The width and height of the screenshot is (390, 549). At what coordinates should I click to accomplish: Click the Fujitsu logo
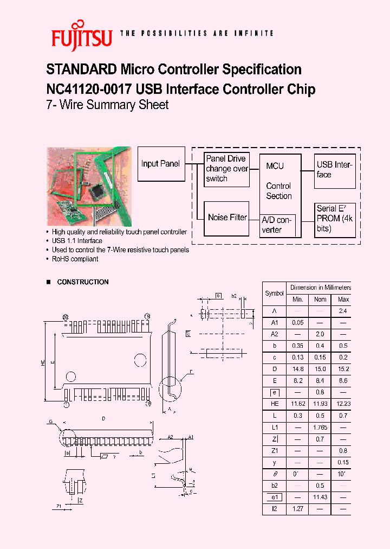coord(81,36)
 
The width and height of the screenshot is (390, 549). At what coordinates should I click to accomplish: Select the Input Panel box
coord(160,164)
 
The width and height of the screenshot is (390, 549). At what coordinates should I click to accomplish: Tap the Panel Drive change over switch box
coord(227,169)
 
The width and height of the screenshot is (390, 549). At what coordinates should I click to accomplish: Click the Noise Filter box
coord(227,218)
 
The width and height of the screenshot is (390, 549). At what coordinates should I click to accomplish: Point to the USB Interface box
coord(335,170)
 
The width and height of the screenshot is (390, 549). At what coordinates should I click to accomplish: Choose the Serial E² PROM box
coord(335,219)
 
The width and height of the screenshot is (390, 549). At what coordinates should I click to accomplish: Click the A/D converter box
coord(278,225)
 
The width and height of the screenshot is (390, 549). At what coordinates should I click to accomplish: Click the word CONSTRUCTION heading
coord(83,282)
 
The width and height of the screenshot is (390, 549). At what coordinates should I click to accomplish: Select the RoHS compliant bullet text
coord(75,259)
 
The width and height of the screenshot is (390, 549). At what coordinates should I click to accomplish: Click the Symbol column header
coord(274,293)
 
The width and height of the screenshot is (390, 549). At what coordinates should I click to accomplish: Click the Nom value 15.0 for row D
coord(321,369)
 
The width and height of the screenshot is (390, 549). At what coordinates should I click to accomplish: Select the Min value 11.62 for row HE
coord(298,404)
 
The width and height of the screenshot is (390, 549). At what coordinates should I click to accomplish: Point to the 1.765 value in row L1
coord(321,427)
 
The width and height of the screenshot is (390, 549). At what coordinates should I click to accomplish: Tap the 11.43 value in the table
coord(321,497)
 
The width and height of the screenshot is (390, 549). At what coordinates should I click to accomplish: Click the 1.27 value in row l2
coord(298,509)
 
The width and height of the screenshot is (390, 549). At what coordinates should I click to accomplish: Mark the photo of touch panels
coord(89,186)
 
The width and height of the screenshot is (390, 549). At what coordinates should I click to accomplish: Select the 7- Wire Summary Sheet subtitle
coord(107,105)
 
